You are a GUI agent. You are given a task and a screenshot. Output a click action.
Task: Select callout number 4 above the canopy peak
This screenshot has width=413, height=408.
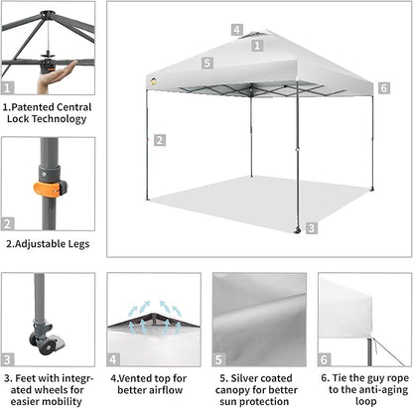click(x=236, y=29)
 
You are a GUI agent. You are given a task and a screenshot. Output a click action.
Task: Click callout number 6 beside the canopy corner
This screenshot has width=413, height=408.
click(x=383, y=88)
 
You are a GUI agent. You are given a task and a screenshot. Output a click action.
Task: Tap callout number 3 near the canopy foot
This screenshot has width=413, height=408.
click(x=312, y=227)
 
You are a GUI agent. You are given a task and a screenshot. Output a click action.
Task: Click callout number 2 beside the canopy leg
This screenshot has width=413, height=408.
click(x=159, y=140)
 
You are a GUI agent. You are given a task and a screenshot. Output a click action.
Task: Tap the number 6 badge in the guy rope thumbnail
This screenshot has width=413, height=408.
click(x=325, y=359)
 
